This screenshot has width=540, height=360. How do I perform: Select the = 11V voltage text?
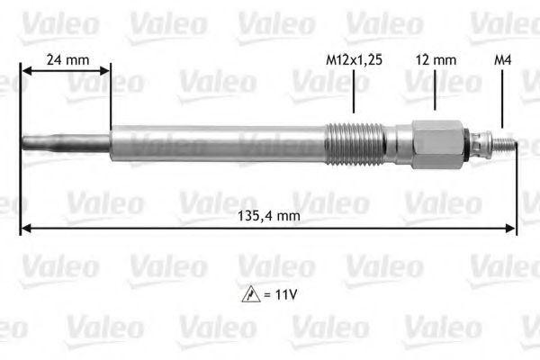point(277,292)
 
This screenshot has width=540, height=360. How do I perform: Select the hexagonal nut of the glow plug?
point(437,143)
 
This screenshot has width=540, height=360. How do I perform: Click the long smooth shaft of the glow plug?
point(216,143)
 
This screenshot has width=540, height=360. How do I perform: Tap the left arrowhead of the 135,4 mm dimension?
point(25,229)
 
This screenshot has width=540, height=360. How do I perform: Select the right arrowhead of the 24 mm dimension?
point(104,73)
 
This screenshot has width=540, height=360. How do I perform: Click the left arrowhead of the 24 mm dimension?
point(25,73)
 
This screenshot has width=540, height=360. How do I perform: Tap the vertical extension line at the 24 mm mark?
point(110,99)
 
